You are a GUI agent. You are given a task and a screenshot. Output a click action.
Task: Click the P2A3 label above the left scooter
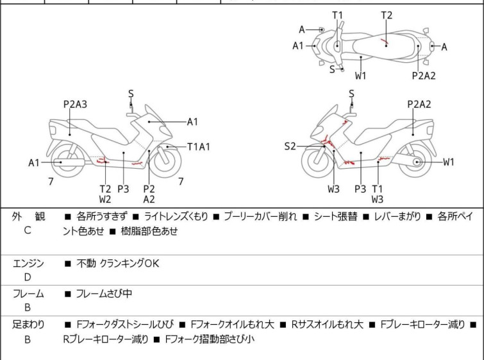point(75,104)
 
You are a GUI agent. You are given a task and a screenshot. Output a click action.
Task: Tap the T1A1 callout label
point(199,147)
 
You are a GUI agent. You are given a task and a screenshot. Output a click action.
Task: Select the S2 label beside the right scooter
point(290,147)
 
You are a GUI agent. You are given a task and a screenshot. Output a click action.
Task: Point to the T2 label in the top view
point(387,15)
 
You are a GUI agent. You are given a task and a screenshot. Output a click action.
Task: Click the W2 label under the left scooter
point(105,200)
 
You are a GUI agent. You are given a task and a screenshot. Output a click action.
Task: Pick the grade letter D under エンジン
point(27,277)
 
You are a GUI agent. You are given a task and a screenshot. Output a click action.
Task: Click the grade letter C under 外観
point(27,230)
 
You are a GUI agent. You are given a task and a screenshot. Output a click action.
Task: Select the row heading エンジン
point(28,263)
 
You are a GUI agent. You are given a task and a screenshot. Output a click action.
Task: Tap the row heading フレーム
point(28,294)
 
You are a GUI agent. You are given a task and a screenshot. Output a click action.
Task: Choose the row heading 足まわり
point(28,325)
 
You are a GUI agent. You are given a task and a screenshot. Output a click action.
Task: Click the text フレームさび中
point(104,294)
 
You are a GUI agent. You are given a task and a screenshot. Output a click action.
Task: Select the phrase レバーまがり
point(399,217)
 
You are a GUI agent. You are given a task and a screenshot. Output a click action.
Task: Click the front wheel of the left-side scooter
point(163,161)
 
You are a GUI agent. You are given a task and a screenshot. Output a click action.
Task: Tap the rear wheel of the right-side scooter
point(417,162)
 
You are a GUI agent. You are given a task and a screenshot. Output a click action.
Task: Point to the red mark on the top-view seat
point(385,43)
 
